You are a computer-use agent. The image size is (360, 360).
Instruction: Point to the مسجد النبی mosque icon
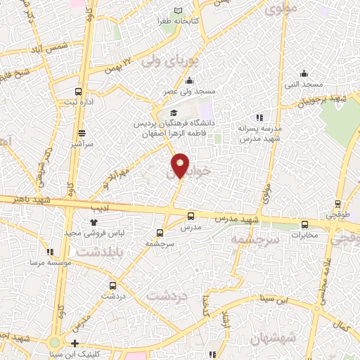point(304,72)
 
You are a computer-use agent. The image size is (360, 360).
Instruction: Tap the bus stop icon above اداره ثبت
point(78,91)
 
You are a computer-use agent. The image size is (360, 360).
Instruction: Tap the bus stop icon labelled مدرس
point(191,217)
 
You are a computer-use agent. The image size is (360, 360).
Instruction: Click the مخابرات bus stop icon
point(304,225)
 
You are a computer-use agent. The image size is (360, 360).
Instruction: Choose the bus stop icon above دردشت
point(113,285)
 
